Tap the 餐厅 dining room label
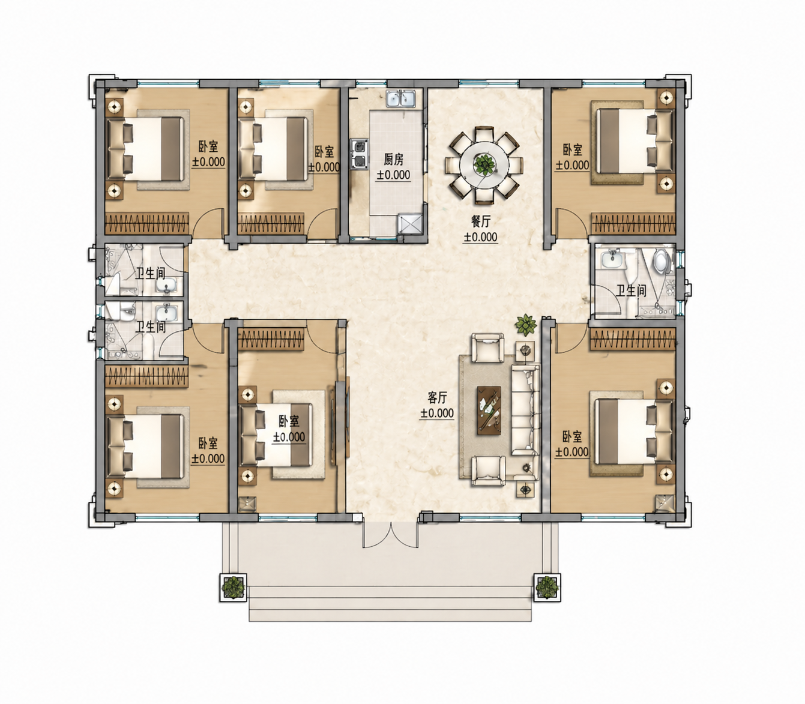[x=480, y=221]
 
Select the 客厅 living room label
[x=437, y=398]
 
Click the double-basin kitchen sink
[x=400, y=98]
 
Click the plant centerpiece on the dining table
[x=484, y=164]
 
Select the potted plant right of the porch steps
[x=547, y=588]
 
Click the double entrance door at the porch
[x=391, y=534]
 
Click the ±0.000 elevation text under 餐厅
[x=480, y=237]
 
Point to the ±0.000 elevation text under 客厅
[x=437, y=414]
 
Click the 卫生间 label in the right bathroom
[x=631, y=290]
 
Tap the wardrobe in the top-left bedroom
[x=146, y=224]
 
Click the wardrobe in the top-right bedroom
[x=633, y=224]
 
